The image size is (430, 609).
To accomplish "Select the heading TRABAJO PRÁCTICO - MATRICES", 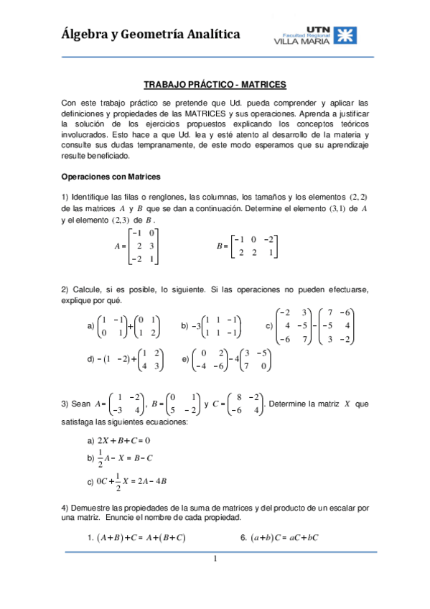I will (x=215, y=83).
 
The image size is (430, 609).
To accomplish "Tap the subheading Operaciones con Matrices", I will (x=111, y=176).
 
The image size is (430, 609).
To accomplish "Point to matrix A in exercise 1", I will (x=141, y=246).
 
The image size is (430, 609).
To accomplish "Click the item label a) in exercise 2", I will (x=90, y=326).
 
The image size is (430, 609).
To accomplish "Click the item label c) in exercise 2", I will (x=268, y=326).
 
